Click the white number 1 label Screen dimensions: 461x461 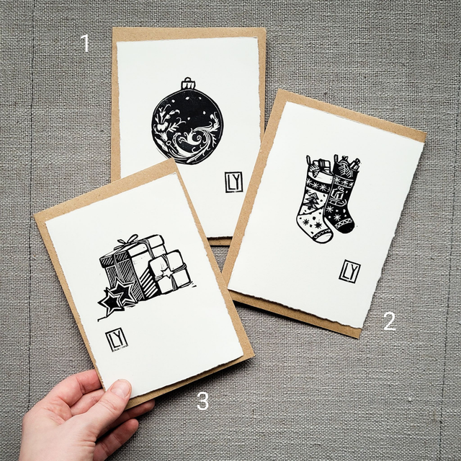(86, 43)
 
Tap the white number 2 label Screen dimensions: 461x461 (390, 321)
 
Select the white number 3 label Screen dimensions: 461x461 (203, 400)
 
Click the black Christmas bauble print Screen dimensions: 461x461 (187, 121)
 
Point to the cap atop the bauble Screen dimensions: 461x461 (188, 84)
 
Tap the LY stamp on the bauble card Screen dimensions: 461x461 (234, 182)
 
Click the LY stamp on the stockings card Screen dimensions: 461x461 (349, 272)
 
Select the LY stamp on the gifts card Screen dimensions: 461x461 (117, 340)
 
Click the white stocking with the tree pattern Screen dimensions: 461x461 (315, 203)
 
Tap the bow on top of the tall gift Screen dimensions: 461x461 (128, 240)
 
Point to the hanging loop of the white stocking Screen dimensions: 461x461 (308, 160)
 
